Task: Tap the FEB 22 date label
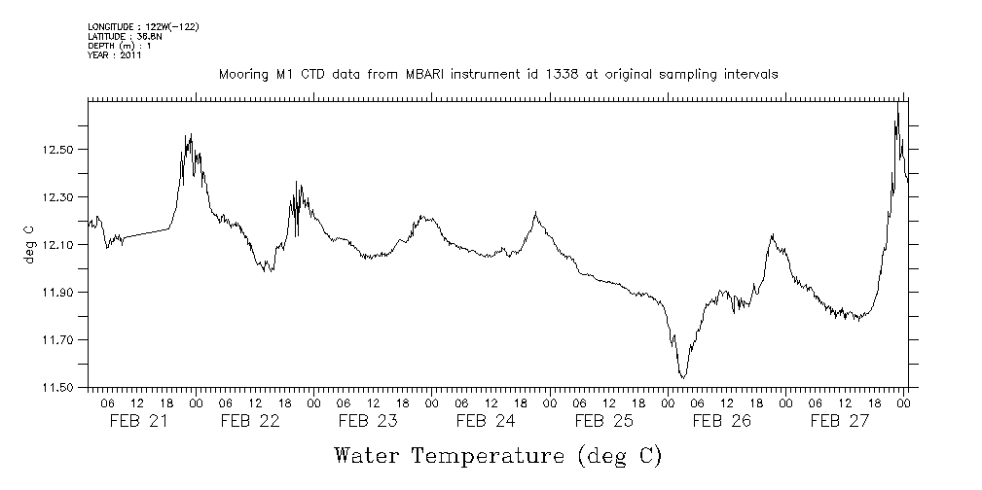pyautogui.click(x=250, y=421)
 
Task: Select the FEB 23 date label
pyautogui.click(x=368, y=421)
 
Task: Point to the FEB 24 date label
pyautogui.click(x=486, y=421)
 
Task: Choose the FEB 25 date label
pyautogui.click(x=603, y=421)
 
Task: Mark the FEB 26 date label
pyautogui.click(x=721, y=421)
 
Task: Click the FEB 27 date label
pyautogui.click(x=839, y=421)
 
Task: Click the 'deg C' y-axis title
pyautogui.click(x=28, y=244)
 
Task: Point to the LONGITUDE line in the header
pyautogui.click(x=143, y=26)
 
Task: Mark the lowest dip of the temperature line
pyautogui.click(x=683, y=377)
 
